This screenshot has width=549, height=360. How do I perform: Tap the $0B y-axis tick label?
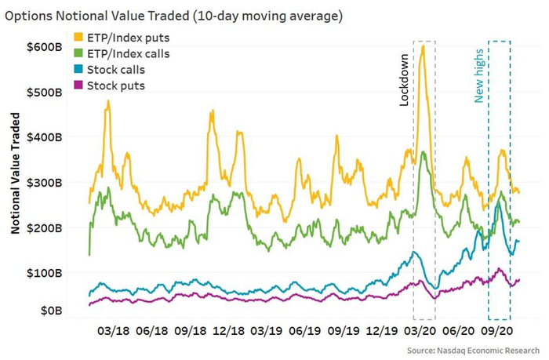50,311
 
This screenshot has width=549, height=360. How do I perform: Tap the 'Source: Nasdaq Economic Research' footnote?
474,348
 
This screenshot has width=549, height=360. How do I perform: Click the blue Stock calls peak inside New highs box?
498,203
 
